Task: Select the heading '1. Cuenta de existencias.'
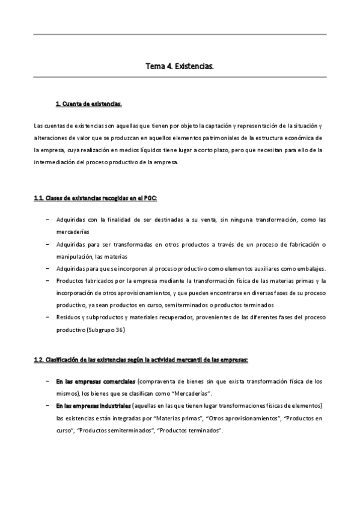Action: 88,103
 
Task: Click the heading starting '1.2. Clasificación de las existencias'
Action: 141,360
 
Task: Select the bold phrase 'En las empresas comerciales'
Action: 96,381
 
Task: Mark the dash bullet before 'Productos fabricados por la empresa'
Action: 47,281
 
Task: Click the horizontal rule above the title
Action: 180,34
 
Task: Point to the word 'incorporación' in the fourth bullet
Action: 75,293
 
